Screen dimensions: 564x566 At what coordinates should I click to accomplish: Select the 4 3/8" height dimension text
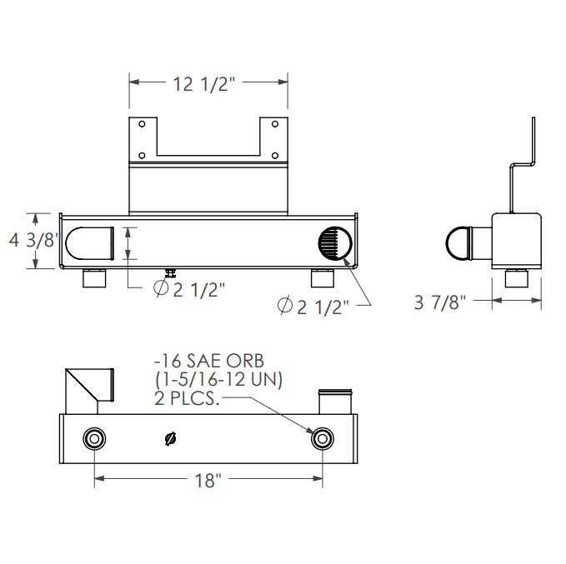point(33,241)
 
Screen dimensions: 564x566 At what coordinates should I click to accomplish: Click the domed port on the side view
point(458,244)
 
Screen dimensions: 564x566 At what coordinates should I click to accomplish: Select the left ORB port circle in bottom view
point(93,439)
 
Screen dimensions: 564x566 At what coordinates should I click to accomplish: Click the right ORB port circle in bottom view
point(322,439)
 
